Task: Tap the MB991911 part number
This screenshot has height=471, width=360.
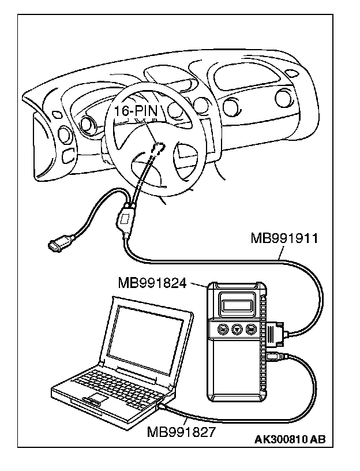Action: coord(282,237)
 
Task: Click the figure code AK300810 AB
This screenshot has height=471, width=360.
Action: coord(290,440)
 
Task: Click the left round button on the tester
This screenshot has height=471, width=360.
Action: coord(223,330)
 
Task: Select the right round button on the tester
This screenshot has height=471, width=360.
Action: coord(250,330)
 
